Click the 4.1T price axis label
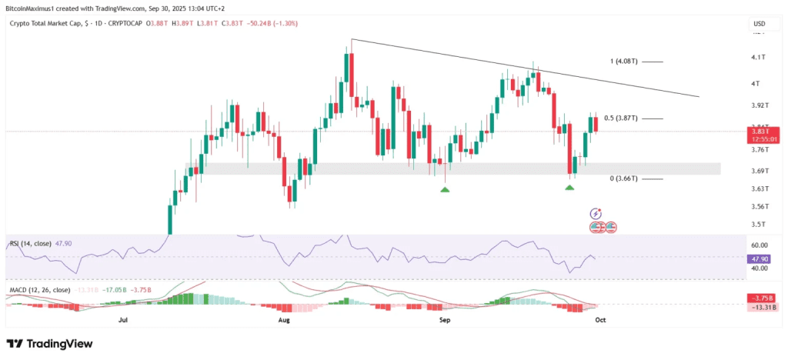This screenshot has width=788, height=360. coord(758,58)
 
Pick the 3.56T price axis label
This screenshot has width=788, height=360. coord(760,206)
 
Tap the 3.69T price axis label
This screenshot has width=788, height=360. coord(760,171)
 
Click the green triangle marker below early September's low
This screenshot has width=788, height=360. coord(445,188)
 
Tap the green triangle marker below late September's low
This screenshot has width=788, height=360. coord(569,188)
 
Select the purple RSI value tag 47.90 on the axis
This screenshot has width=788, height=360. coord(758,259)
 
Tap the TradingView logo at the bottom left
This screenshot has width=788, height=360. coord(49,344)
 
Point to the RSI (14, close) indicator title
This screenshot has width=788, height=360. coord(30,244)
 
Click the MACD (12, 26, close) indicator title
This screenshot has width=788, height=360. coord(39,290)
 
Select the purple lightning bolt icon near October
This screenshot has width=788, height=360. coord(595,213)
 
